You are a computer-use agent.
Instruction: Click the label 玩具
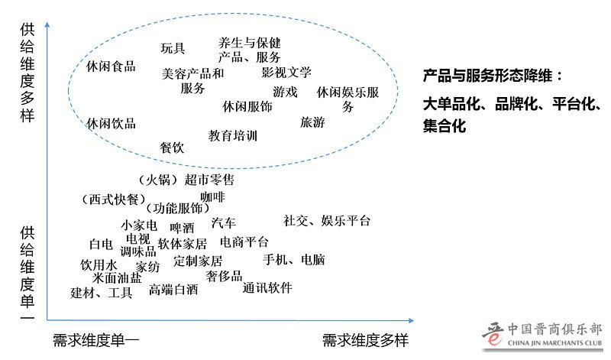coord(173,48)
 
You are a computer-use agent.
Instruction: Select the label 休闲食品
coord(111,66)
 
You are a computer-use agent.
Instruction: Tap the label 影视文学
coord(286,73)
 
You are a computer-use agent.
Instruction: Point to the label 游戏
coord(285,92)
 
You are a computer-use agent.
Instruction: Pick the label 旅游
coord(312,122)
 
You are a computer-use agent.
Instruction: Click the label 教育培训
coord(232,136)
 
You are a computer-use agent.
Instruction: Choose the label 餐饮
coord(172,148)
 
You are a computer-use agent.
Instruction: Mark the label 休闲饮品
coord(111,123)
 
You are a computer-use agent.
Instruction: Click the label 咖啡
coord(212,197)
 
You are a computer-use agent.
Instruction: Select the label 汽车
coord(224,223)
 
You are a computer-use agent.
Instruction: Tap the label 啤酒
coord(182,227)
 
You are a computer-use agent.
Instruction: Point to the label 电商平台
coord(244,242)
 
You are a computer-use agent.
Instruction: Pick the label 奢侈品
coord(224,275)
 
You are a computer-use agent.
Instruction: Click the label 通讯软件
coord(267,288)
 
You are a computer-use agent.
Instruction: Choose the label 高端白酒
coord(173,290)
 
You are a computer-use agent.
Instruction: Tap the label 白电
coord(101,245)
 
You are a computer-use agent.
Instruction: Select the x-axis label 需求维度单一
coord(96,339)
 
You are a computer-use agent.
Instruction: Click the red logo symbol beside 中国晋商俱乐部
coord(493,334)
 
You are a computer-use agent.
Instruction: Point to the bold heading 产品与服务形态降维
coord(493,76)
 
